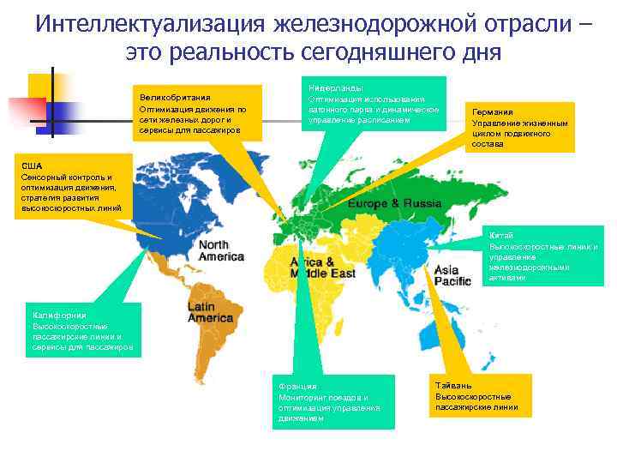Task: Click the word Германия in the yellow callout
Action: [492, 112]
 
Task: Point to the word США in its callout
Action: [31, 165]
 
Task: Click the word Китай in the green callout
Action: [501, 235]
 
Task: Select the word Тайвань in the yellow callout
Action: [452, 386]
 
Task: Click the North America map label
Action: [221, 250]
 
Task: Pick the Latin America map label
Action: [210, 312]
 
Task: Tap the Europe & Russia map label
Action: [394, 204]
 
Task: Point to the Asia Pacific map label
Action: [452, 275]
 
